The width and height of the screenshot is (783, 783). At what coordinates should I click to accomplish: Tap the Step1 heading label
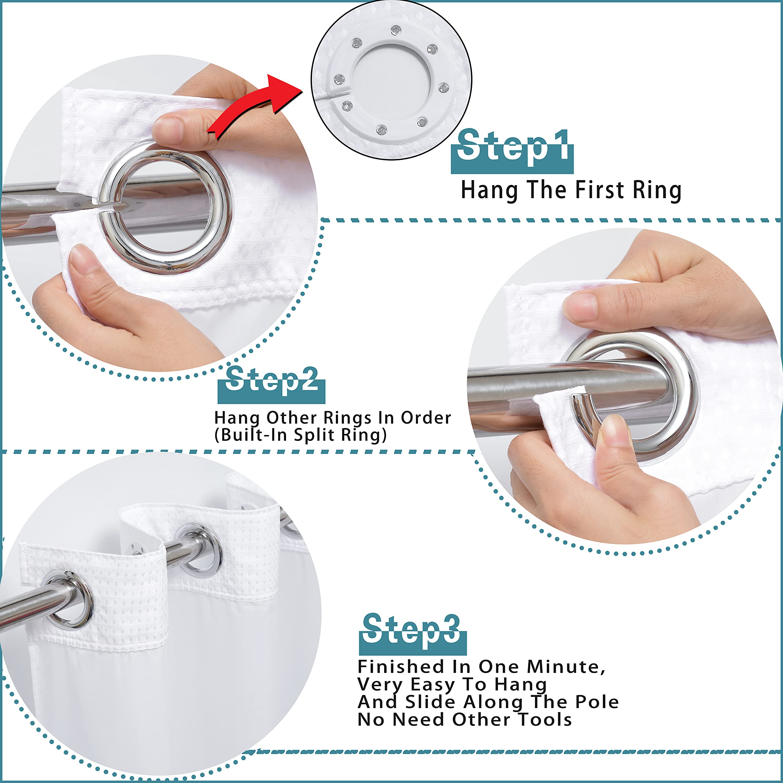pos(512,150)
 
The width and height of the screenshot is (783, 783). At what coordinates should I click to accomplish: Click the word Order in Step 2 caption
pos(425,418)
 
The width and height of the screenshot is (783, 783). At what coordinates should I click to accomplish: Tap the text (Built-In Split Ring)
pos(300,435)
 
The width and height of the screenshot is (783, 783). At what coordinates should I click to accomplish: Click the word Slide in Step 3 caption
pos(430,702)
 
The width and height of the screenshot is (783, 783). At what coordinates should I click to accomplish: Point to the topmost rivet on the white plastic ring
pos(395,30)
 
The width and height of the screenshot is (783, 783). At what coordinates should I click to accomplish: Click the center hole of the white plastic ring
pos(391,79)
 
